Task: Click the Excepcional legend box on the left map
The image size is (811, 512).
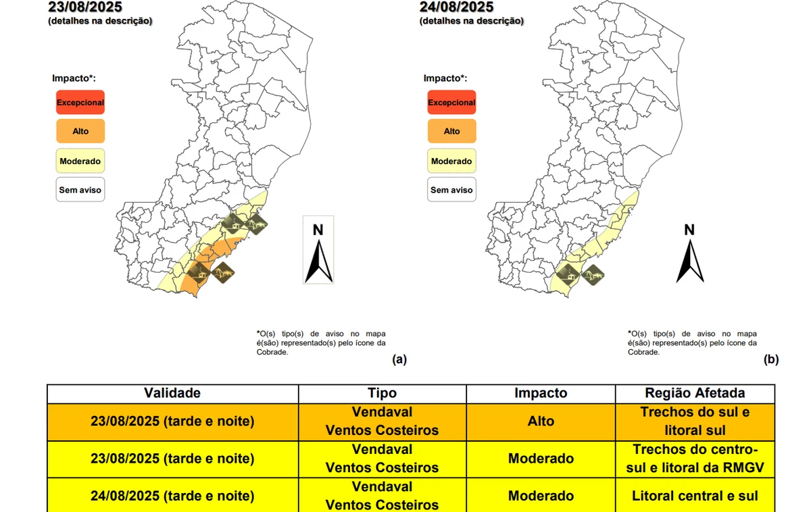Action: coord(80,103)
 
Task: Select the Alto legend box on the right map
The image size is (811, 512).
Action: coord(451,131)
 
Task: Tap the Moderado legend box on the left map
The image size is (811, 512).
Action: coord(80,161)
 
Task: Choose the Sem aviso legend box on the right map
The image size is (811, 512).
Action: coord(451,190)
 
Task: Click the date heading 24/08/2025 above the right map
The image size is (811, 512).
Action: coord(457,7)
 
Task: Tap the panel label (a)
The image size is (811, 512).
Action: coord(399,359)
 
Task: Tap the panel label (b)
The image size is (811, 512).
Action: coord(771,359)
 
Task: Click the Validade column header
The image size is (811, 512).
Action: coord(172,393)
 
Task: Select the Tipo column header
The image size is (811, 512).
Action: coord(382,393)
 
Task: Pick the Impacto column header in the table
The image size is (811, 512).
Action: coord(541,393)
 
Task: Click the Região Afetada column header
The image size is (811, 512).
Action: coord(695,393)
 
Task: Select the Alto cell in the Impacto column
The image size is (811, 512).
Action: coord(541,421)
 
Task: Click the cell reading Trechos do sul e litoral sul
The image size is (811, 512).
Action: coord(695,421)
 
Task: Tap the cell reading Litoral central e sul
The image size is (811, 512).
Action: coord(695,496)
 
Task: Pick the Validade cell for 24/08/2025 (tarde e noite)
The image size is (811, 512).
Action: coord(172,496)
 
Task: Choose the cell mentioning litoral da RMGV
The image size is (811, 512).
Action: coord(695,459)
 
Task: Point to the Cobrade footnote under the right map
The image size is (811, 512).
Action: coord(692,342)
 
